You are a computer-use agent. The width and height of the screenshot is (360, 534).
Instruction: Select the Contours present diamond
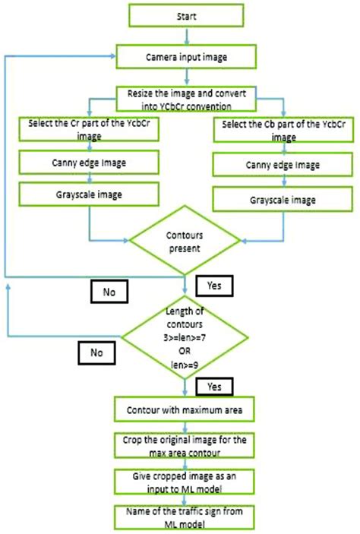pyautogui.click(x=187, y=241)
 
